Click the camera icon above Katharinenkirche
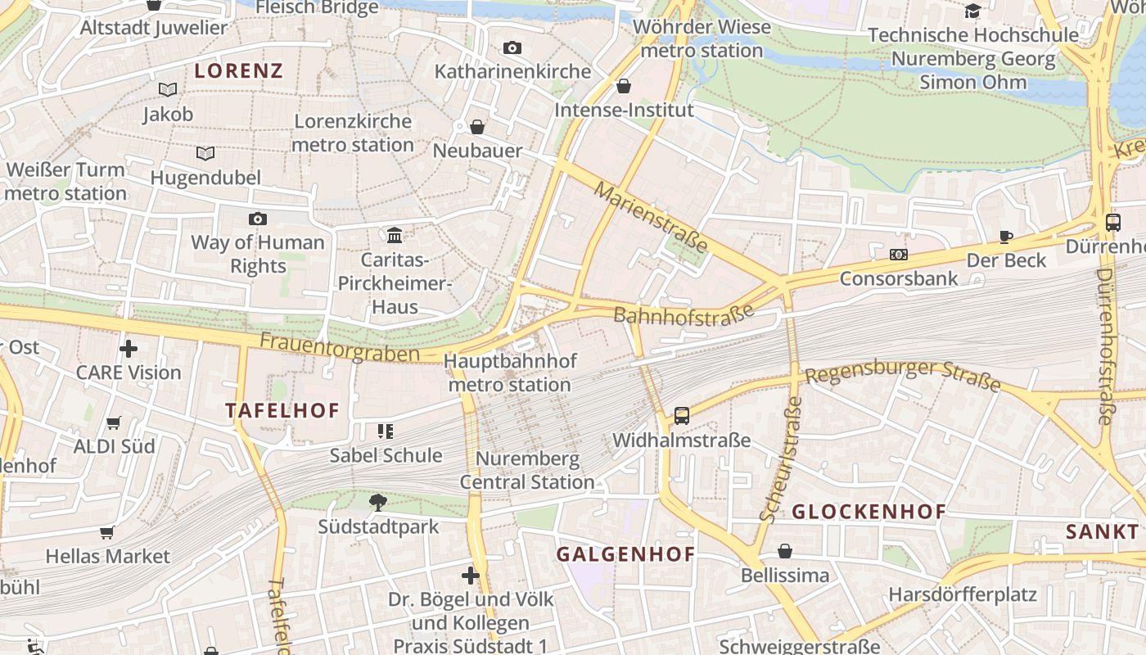tap(512, 48)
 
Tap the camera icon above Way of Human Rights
tap(258, 219)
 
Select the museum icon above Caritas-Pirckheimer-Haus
tap(395, 236)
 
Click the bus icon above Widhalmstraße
tap(682, 415)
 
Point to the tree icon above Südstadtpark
tap(377, 502)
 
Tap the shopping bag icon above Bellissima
tap(785, 551)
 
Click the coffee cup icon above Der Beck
tap(1006, 237)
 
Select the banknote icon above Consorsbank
tap(899, 255)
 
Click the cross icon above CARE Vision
tap(129, 349)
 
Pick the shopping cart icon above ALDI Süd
tap(114, 423)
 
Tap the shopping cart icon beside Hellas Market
tap(107, 533)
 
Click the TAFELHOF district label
tap(282, 411)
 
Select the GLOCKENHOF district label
tap(869, 513)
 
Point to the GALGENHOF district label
tap(626, 554)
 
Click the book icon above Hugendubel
tap(205, 153)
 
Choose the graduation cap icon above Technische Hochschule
tap(972, 11)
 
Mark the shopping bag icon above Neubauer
tap(477, 127)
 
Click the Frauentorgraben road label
tap(340, 347)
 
